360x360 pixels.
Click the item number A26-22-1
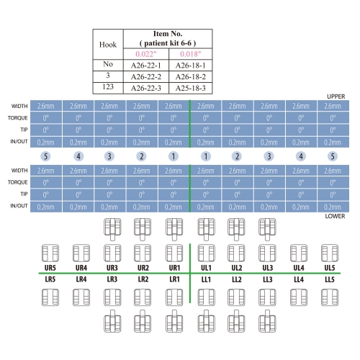[x=146, y=66]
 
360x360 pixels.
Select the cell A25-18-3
[x=191, y=88]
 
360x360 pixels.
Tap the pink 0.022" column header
[x=146, y=54]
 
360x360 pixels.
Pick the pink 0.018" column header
[x=191, y=54]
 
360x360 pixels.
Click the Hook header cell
[x=108, y=45]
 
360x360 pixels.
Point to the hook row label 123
[x=108, y=86]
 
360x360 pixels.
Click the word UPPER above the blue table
[x=336, y=96]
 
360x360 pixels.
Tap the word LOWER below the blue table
[x=335, y=216]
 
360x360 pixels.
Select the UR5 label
[x=50, y=268]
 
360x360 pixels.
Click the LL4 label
[x=299, y=279]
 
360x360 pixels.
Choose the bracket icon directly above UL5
[x=330, y=253]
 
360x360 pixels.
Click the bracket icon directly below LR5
[x=50, y=297]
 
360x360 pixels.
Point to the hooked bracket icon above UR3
[x=112, y=229]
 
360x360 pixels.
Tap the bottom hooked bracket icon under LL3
[x=267, y=321]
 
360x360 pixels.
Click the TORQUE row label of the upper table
[x=17, y=118]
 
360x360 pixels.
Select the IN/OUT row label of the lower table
[x=19, y=206]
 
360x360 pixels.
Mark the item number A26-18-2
[x=191, y=77]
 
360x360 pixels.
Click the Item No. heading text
[x=168, y=34]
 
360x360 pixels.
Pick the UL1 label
[x=206, y=268]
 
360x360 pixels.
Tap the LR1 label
[x=174, y=279]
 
